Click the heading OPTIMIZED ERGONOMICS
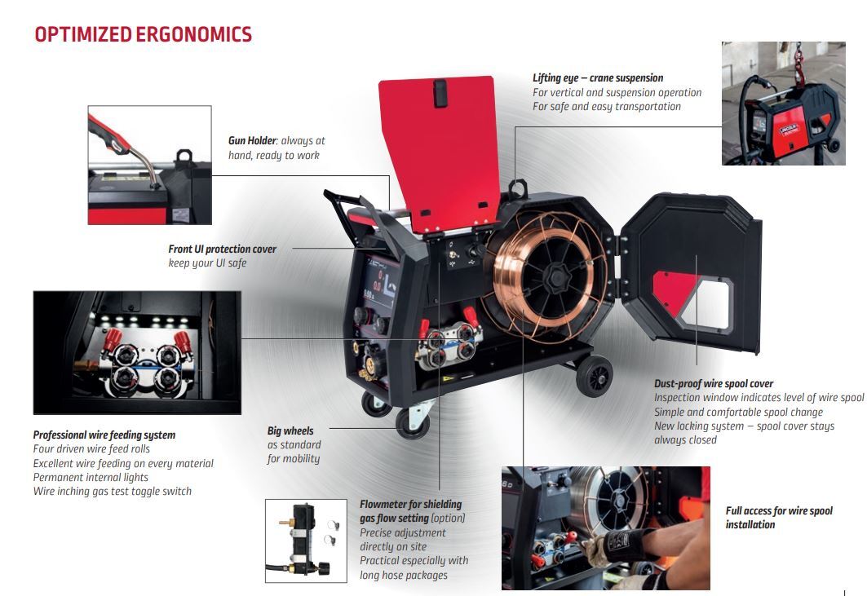(x=143, y=34)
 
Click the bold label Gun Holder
(x=252, y=141)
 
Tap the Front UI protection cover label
(x=223, y=249)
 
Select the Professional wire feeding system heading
(x=104, y=435)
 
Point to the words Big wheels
(x=290, y=430)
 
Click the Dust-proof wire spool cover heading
(x=714, y=383)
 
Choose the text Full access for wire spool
(x=779, y=511)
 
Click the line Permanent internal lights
(x=91, y=477)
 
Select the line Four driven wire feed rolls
(x=91, y=449)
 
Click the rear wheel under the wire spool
(x=593, y=376)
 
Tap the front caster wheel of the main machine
(x=411, y=422)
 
